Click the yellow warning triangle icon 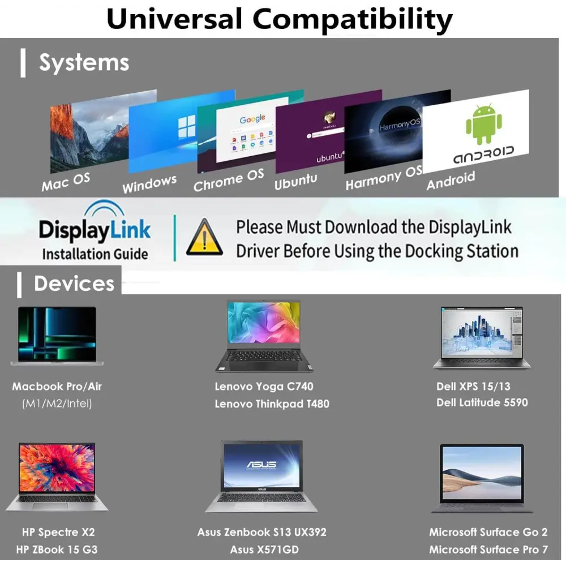[204, 237]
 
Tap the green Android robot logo [484, 124]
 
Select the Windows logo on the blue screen [187, 126]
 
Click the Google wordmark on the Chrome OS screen [252, 118]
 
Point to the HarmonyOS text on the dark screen [400, 125]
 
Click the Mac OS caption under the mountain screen [66, 182]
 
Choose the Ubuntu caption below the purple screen [295, 181]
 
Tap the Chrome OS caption [229, 180]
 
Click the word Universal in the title [174, 19]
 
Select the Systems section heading [84, 62]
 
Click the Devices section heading [74, 284]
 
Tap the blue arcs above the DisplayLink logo [104, 209]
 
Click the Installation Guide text [95, 254]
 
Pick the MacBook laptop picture [57, 336]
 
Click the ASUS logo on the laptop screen [261, 464]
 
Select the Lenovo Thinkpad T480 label [272, 404]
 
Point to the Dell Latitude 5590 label [482, 402]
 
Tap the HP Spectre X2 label [58, 532]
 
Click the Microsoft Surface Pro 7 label [488, 550]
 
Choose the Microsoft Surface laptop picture [482, 478]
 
